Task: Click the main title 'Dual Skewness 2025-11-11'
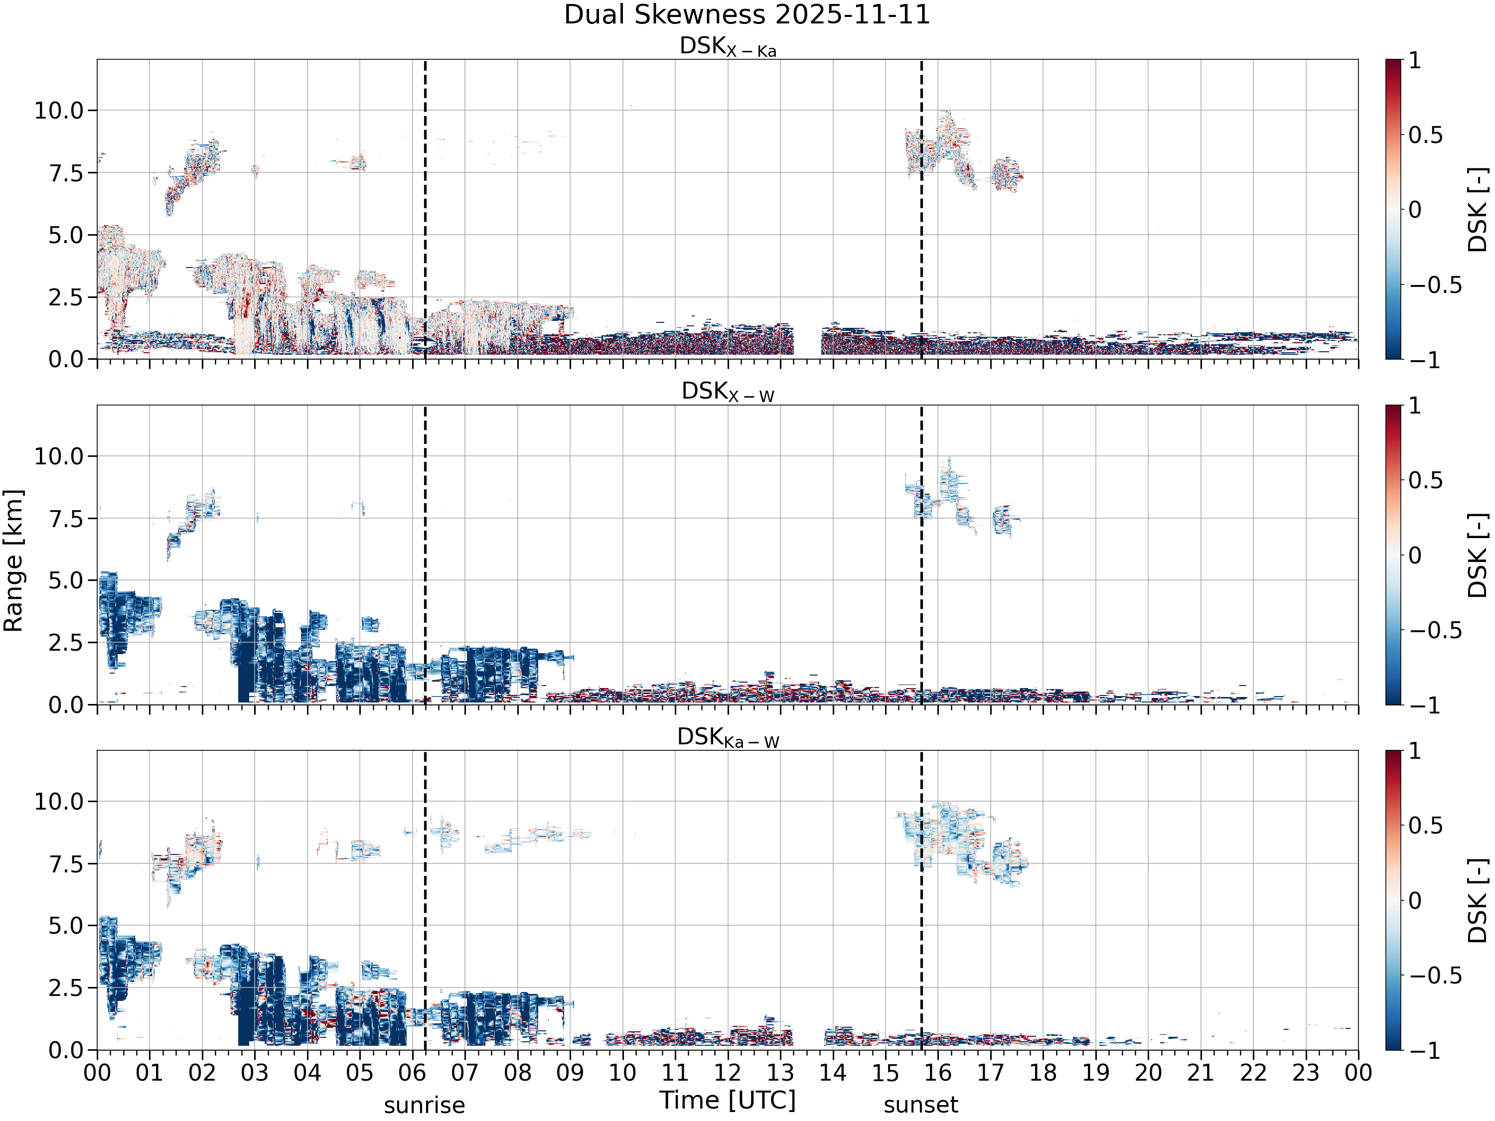click(x=747, y=15)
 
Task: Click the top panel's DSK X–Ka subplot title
click(x=728, y=47)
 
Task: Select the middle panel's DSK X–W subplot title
click(x=728, y=392)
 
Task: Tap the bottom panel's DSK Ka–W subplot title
click(x=728, y=737)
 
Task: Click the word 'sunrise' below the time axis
click(x=425, y=1106)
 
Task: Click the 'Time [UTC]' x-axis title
click(x=728, y=1101)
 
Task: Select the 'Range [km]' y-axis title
click(x=13, y=561)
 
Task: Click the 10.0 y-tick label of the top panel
click(x=59, y=110)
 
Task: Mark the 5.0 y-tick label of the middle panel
click(x=66, y=580)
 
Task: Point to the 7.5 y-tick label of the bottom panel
click(x=66, y=864)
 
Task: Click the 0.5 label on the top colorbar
click(x=1426, y=135)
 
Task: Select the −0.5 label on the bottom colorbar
click(x=1436, y=976)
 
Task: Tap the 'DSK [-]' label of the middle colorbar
click(x=1478, y=556)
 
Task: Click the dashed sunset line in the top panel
click(x=921, y=209)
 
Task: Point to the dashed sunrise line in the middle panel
click(x=425, y=555)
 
